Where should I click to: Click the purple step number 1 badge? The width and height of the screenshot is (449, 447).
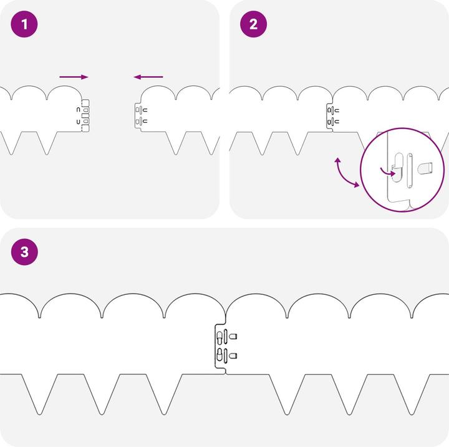click(x=24, y=24)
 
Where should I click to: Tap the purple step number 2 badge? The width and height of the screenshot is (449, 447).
click(x=253, y=24)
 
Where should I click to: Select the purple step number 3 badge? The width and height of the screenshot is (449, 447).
click(x=24, y=252)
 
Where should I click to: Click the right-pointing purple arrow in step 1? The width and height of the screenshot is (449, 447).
click(x=74, y=77)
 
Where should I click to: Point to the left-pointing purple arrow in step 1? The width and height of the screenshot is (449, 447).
click(x=148, y=77)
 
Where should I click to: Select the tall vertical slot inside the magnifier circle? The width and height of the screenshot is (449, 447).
click(x=410, y=170)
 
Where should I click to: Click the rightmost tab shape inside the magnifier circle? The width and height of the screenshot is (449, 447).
click(x=425, y=168)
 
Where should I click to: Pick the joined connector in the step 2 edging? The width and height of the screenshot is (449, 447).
click(x=332, y=116)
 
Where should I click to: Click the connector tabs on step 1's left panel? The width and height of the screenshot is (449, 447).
click(x=85, y=115)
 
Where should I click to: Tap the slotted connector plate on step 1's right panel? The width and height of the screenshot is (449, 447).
click(x=140, y=116)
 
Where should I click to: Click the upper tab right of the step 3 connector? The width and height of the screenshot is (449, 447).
click(x=233, y=336)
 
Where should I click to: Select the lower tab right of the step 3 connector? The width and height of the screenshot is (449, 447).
click(x=233, y=355)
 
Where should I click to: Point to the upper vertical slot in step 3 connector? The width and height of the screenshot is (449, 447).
click(x=225, y=337)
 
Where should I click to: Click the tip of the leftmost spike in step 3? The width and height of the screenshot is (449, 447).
click(x=39, y=415)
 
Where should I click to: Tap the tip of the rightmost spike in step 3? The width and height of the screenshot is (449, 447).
click(x=412, y=415)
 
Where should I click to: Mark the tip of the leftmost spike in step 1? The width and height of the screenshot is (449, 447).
click(x=11, y=155)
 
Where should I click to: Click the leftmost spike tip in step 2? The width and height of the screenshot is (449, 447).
click(x=263, y=155)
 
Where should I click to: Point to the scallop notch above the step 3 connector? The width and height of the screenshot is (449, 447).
click(x=226, y=314)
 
